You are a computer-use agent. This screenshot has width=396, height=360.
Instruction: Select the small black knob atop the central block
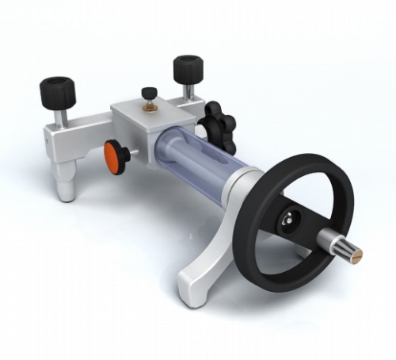click(147, 92)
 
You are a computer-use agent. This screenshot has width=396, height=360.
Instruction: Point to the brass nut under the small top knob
click(147, 105)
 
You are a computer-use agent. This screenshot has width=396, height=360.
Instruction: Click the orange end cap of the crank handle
click(357, 257)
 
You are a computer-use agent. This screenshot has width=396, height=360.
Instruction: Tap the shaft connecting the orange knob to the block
click(130, 152)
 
